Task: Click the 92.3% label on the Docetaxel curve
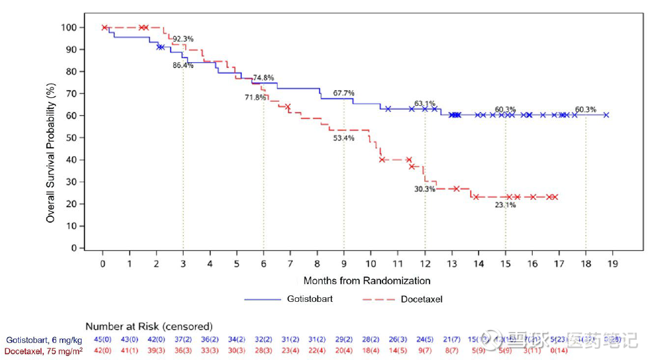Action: [x=183, y=39]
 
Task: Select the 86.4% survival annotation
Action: [x=183, y=65]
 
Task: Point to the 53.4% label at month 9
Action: [x=344, y=139]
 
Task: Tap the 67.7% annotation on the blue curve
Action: [x=344, y=93]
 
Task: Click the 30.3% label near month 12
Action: [x=424, y=189]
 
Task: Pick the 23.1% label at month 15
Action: [x=505, y=205]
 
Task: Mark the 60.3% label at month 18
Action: [x=586, y=109]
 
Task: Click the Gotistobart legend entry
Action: [x=294, y=299]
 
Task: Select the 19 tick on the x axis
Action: [x=613, y=263]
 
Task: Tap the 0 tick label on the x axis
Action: [x=103, y=263]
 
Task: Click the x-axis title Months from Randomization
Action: [x=367, y=281]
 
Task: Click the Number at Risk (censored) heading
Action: [x=148, y=326]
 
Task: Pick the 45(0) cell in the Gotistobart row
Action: [x=103, y=340]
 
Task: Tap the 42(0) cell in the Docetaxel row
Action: [x=103, y=352]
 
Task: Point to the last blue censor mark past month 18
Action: [x=606, y=115]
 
